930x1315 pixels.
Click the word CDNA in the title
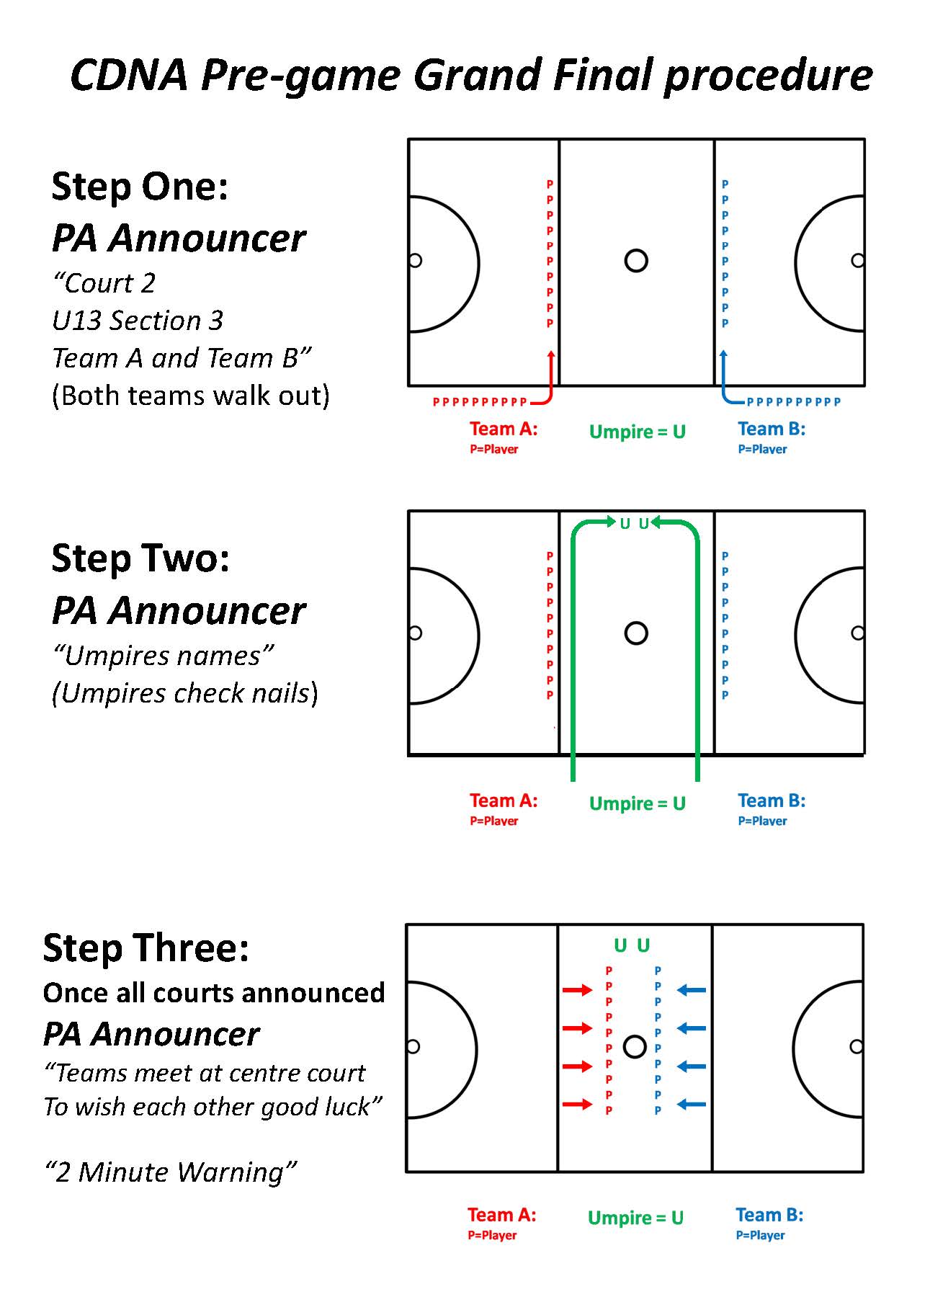(130, 75)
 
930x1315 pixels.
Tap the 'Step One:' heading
(140, 187)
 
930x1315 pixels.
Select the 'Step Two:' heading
(140, 558)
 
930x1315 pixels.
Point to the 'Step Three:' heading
(146, 948)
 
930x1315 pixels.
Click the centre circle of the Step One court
(636, 260)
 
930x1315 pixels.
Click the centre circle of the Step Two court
(636, 633)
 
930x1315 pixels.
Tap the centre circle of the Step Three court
(634, 1046)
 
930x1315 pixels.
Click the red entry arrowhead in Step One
(551, 355)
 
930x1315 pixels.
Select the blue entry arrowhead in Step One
(723, 355)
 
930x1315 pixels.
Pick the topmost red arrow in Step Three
(577, 990)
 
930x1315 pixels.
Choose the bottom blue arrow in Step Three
(692, 1104)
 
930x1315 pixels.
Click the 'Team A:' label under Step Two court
(504, 801)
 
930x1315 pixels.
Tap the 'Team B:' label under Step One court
(772, 429)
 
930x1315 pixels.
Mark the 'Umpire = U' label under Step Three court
(635, 1218)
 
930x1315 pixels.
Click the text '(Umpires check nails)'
(185, 693)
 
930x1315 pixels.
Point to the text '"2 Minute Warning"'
(170, 1172)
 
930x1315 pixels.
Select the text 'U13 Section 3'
(138, 321)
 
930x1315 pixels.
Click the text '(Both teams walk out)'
(191, 396)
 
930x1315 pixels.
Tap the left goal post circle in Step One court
(415, 260)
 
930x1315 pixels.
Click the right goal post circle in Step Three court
(856, 1046)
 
